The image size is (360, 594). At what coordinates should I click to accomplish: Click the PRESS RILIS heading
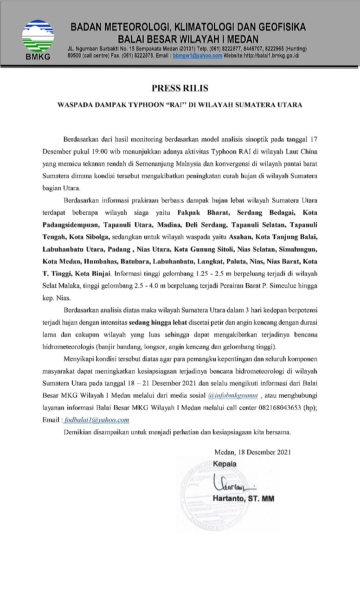tap(180, 88)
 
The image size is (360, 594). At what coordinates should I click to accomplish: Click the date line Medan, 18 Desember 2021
tap(253, 452)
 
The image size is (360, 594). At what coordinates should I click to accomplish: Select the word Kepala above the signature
tap(225, 464)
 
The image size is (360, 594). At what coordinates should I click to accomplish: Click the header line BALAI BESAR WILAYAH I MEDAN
tap(188, 39)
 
